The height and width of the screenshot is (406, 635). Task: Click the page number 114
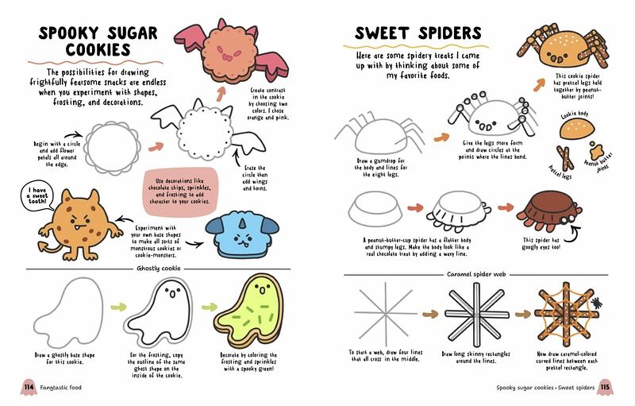click(x=29, y=387)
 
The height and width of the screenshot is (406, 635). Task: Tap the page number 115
click(x=605, y=387)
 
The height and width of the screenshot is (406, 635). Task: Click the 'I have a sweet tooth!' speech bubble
click(x=37, y=196)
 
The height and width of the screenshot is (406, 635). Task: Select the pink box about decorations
click(x=181, y=191)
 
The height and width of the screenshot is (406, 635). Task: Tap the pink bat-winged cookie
click(x=230, y=52)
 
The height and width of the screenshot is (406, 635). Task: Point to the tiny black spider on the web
click(x=596, y=302)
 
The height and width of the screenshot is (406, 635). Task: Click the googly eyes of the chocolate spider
click(x=567, y=218)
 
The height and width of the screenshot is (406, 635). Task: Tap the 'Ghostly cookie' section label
click(x=158, y=269)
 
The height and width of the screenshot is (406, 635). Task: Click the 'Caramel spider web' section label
click(x=475, y=274)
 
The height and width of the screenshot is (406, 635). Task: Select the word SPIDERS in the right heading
click(x=448, y=33)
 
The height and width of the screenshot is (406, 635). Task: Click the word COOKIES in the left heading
click(x=98, y=49)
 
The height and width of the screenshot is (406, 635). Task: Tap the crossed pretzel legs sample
click(x=564, y=157)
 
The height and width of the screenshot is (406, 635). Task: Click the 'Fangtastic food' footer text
click(x=61, y=388)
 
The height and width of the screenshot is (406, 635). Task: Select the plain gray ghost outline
click(x=68, y=312)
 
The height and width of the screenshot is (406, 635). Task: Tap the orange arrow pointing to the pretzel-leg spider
click(x=539, y=85)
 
